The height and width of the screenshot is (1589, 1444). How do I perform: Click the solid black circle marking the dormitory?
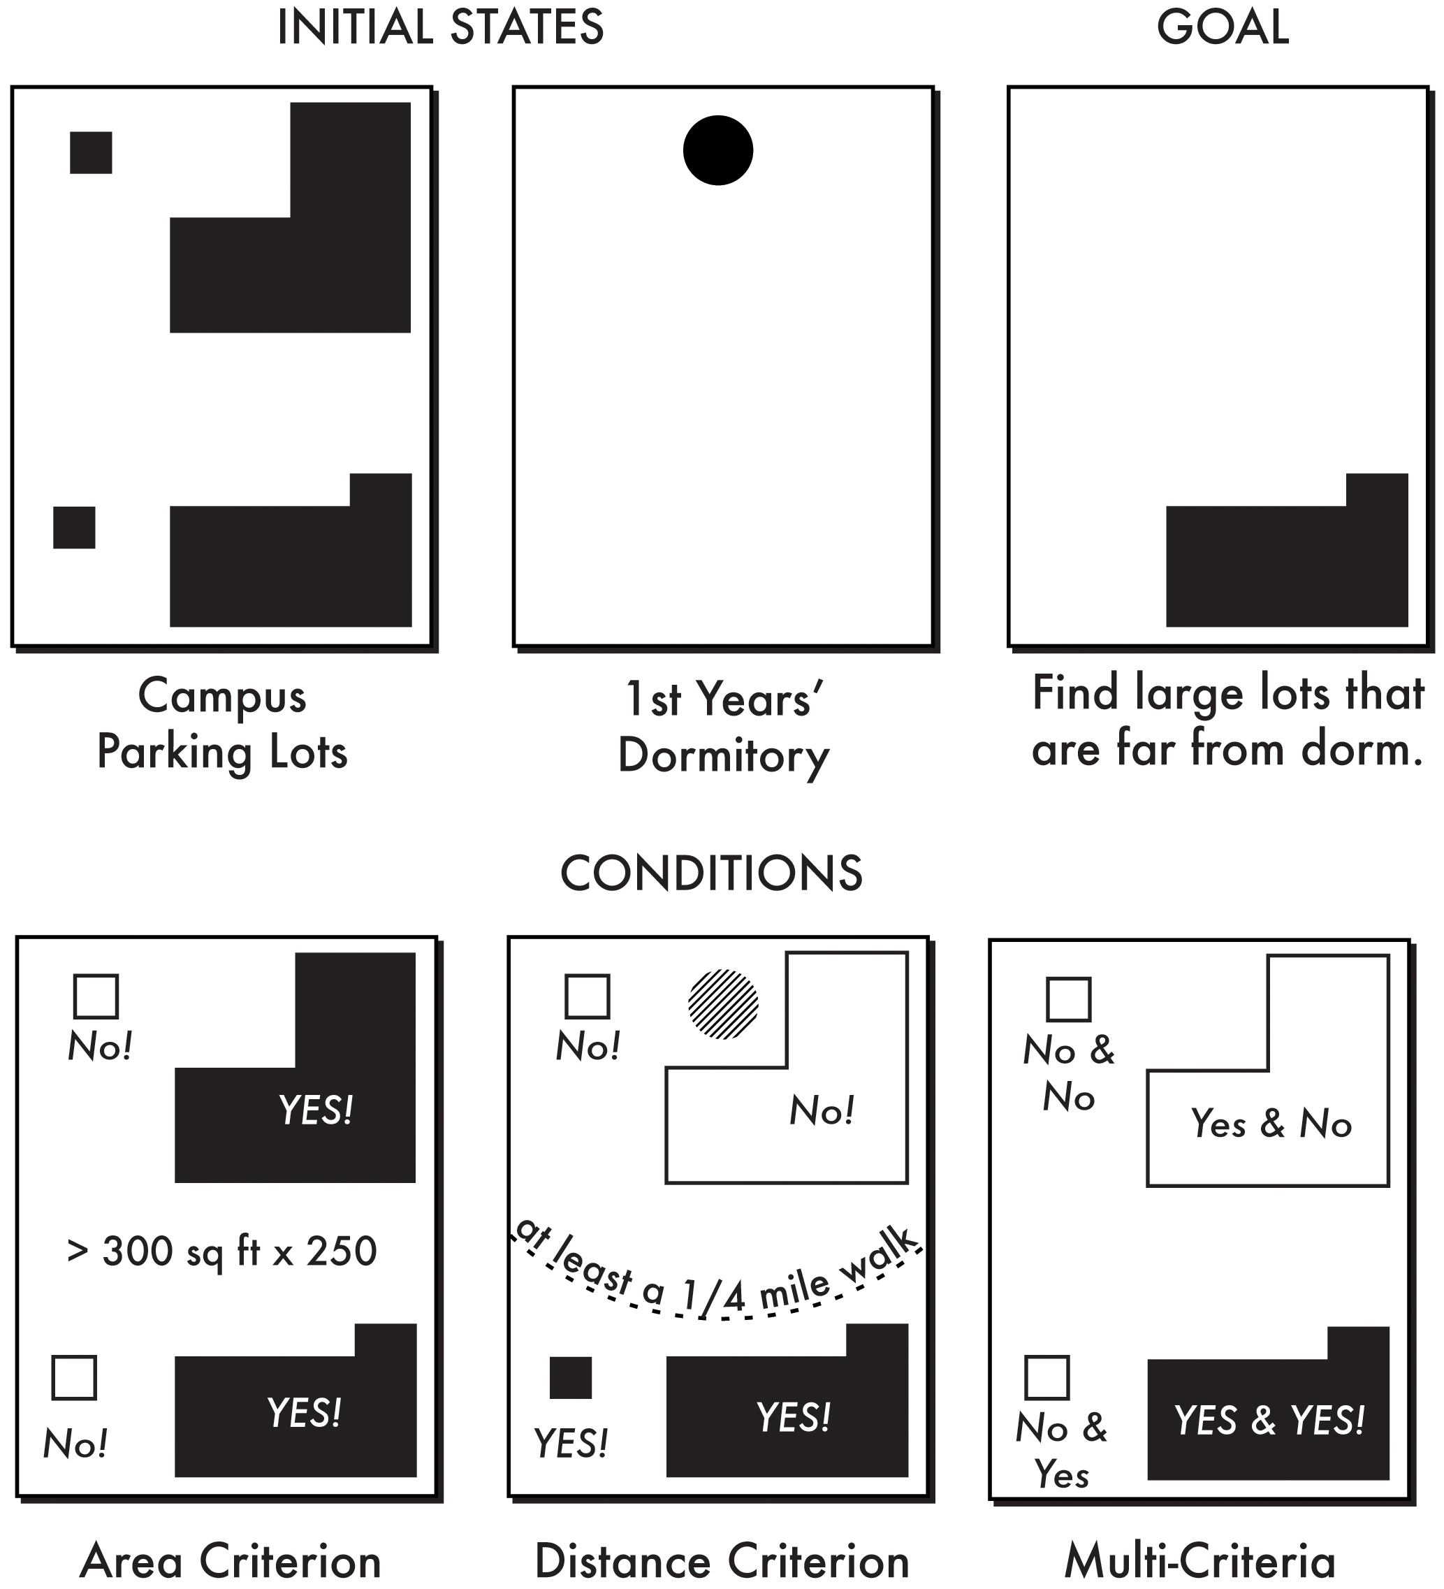point(717,150)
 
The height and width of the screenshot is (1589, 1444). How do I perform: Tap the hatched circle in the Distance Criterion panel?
point(723,1004)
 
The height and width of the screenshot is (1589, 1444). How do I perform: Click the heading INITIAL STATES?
point(441,27)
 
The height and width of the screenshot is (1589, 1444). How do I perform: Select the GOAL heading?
point(1223,27)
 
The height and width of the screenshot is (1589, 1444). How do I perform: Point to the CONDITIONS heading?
point(711,873)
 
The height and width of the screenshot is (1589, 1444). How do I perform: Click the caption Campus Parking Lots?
point(222,723)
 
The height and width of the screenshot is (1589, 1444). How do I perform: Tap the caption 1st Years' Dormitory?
point(724,727)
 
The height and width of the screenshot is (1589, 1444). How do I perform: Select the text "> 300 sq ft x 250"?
point(222,1251)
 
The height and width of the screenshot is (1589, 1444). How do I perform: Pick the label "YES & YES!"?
point(1269,1421)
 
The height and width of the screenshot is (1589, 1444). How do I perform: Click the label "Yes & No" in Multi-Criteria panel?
point(1271,1123)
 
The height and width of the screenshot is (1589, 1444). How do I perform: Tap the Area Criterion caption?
point(230,1562)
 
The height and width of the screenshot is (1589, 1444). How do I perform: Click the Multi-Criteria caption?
point(1199,1562)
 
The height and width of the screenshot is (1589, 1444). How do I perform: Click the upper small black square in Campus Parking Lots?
point(91,152)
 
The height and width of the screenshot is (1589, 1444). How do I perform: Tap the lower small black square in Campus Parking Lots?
point(74,528)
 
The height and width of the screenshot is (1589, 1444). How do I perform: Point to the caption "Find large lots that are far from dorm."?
point(1228,721)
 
